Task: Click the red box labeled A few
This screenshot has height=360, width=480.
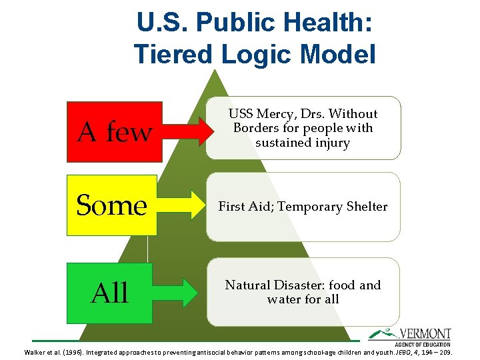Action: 114,131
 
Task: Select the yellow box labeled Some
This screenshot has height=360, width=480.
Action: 111,205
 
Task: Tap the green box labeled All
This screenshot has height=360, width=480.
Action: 109,293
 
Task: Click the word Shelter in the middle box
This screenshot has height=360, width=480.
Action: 363,207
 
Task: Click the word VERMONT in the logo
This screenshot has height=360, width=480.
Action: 426,333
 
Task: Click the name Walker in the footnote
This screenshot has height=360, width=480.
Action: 35,351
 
